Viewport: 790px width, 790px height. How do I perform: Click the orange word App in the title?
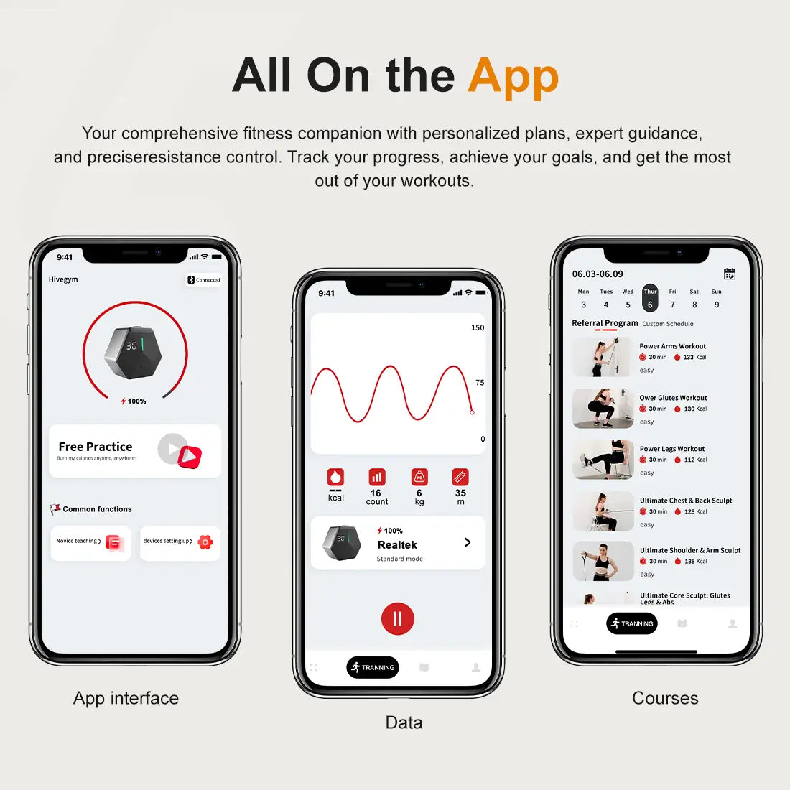(513, 76)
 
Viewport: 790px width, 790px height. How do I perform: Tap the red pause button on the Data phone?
(397, 618)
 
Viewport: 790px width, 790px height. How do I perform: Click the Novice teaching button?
(90, 542)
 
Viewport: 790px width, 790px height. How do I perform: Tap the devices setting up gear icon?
(205, 542)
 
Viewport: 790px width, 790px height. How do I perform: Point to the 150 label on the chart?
(478, 327)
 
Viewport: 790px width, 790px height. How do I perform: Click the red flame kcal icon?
(335, 478)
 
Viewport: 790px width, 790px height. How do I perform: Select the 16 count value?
(376, 493)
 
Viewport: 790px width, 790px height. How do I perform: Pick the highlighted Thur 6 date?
(650, 298)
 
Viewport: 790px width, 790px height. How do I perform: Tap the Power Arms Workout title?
(673, 346)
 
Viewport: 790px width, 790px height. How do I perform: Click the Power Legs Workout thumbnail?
(603, 460)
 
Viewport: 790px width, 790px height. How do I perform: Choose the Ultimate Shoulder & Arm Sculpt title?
(690, 550)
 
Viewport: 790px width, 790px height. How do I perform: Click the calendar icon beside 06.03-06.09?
(730, 274)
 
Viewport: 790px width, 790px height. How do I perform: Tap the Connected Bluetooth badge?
(204, 280)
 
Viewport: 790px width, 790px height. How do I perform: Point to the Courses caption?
(665, 698)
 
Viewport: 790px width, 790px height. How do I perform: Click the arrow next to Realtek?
(468, 542)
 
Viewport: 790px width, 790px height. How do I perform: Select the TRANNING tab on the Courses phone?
(632, 623)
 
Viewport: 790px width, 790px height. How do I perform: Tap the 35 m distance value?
(460, 493)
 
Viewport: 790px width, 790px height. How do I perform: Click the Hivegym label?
(63, 279)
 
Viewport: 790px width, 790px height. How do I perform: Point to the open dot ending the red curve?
(472, 412)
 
